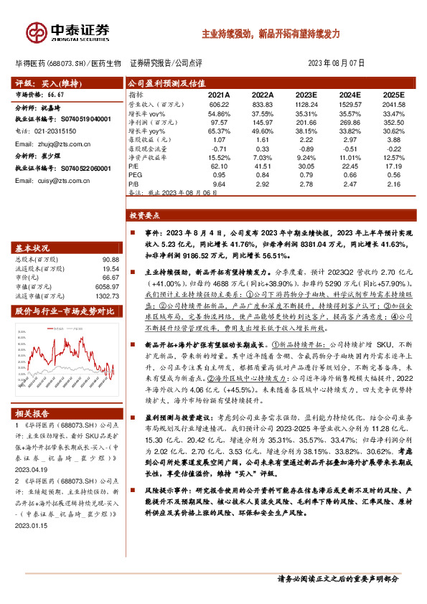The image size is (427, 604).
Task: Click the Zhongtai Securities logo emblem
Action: click(x=35, y=32)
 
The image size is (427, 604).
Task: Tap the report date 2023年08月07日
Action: click(x=337, y=63)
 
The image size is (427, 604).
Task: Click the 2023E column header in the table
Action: click(x=306, y=94)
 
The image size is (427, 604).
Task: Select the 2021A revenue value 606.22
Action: click(x=219, y=104)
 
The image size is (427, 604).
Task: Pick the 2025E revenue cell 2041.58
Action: click(x=393, y=104)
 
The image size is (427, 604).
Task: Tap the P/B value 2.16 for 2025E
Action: click(x=393, y=184)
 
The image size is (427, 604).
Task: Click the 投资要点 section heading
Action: click(x=144, y=214)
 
